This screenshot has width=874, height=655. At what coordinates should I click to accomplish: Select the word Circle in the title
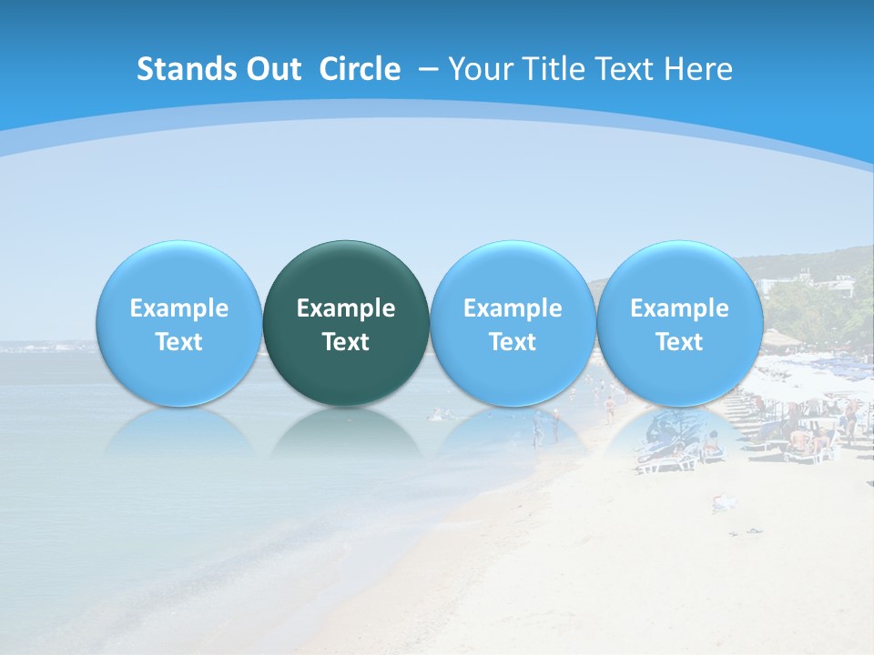pyautogui.click(x=360, y=69)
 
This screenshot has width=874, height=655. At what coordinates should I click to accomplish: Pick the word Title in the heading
pyautogui.click(x=549, y=69)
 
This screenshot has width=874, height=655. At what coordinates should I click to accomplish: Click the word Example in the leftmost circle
pyautogui.click(x=179, y=308)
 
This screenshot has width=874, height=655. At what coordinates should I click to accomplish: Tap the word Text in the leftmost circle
pyautogui.click(x=179, y=342)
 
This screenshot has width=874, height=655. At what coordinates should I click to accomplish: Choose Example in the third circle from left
pyautogui.click(x=513, y=308)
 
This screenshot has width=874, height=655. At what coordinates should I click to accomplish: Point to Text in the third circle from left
pyautogui.click(x=513, y=342)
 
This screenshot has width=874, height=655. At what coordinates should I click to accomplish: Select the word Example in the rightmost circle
pyautogui.click(x=679, y=308)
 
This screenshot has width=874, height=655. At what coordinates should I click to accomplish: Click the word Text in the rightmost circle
pyautogui.click(x=679, y=342)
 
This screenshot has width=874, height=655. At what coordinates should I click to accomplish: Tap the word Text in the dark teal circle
pyautogui.click(x=346, y=342)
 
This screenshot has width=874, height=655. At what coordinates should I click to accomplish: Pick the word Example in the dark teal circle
pyautogui.click(x=346, y=308)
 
